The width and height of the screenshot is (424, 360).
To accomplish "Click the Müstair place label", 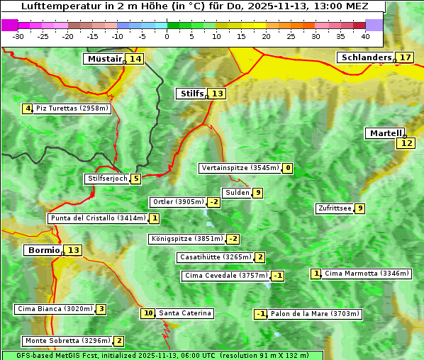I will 104,59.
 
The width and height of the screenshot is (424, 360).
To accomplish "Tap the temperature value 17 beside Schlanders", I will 405,57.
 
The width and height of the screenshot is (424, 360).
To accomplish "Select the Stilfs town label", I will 191,94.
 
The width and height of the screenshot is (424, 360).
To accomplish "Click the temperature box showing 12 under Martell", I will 406,143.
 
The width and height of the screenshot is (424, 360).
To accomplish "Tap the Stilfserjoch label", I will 106,179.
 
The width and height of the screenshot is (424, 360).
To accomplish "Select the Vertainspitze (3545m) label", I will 240,168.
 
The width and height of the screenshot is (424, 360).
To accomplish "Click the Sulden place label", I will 237,193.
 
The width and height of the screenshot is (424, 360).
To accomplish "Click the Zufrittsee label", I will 334,208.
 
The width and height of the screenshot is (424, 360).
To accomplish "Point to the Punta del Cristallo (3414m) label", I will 98,218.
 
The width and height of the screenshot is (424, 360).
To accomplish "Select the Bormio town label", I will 43,250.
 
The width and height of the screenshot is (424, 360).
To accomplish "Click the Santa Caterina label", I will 185,313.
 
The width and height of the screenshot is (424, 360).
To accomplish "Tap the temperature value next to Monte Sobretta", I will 119,341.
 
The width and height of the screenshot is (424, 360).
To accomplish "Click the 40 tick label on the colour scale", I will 365,36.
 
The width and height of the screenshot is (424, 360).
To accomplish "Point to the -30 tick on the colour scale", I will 18,36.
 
